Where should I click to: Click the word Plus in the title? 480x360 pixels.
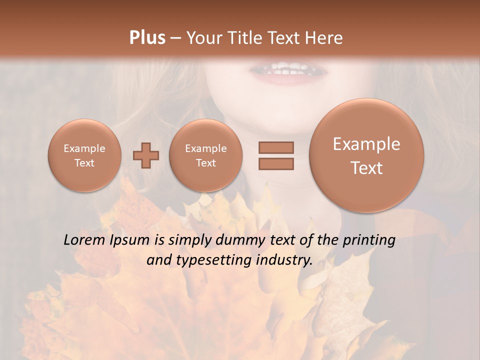click(x=147, y=38)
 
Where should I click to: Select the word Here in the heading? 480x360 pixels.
click(x=324, y=38)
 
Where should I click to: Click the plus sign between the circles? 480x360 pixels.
click(x=146, y=155)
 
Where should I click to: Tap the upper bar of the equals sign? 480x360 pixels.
click(x=276, y=147)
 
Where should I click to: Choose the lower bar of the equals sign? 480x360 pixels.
click(x=276, y=163)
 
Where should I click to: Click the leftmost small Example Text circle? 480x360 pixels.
click(x=84, y=155)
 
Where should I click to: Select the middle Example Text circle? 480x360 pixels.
click(x=206, y=155)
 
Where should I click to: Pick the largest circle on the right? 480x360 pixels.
click(x=366, y=155)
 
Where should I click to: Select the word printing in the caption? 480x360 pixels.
click(x=368, y=240)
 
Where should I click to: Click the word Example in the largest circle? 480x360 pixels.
click(x=366, y=144)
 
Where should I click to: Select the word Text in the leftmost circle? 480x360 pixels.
click(x=84, y=163)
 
